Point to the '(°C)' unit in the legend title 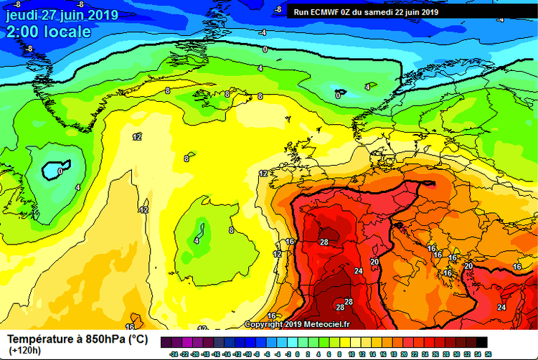coord(138,338)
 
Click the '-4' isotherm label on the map coord(263,32)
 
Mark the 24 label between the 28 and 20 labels coord(359,271)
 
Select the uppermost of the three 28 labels coord(324,242)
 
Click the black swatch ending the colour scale coord(481,342)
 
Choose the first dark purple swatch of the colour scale coord(166,342)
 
